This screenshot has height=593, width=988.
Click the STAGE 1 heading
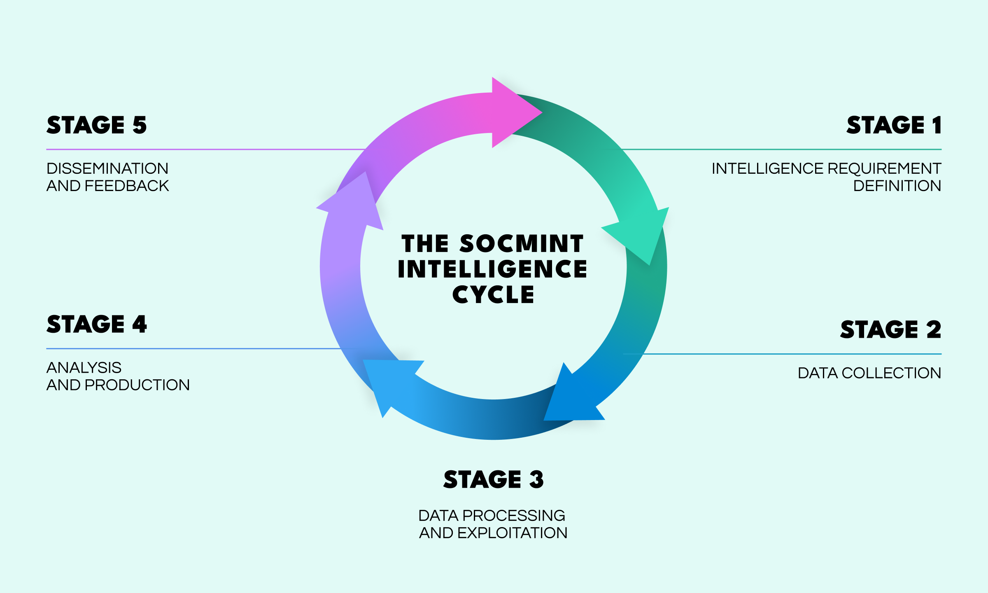(894, 125)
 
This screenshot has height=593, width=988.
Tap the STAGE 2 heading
(890, 329)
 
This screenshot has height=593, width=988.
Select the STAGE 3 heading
(494, 479)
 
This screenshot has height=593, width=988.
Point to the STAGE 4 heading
(97, 325)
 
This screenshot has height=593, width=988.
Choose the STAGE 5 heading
(97, 125)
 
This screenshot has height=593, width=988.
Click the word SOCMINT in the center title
(522, 244)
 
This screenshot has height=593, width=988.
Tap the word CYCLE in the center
(493, 295)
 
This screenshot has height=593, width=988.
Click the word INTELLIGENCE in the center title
(492, 269)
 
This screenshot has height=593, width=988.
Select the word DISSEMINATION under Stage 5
(107, 168)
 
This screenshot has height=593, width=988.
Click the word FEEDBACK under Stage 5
(127, 186)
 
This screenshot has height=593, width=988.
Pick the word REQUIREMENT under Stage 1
(884, 168)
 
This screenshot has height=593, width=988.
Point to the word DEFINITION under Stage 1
(897, 186)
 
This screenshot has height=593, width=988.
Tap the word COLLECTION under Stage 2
(891, 373)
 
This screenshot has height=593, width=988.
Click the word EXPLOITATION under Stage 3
(512, 533)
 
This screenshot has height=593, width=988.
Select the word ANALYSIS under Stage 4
(84, 368)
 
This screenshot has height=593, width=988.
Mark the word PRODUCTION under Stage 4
(137, 385)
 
